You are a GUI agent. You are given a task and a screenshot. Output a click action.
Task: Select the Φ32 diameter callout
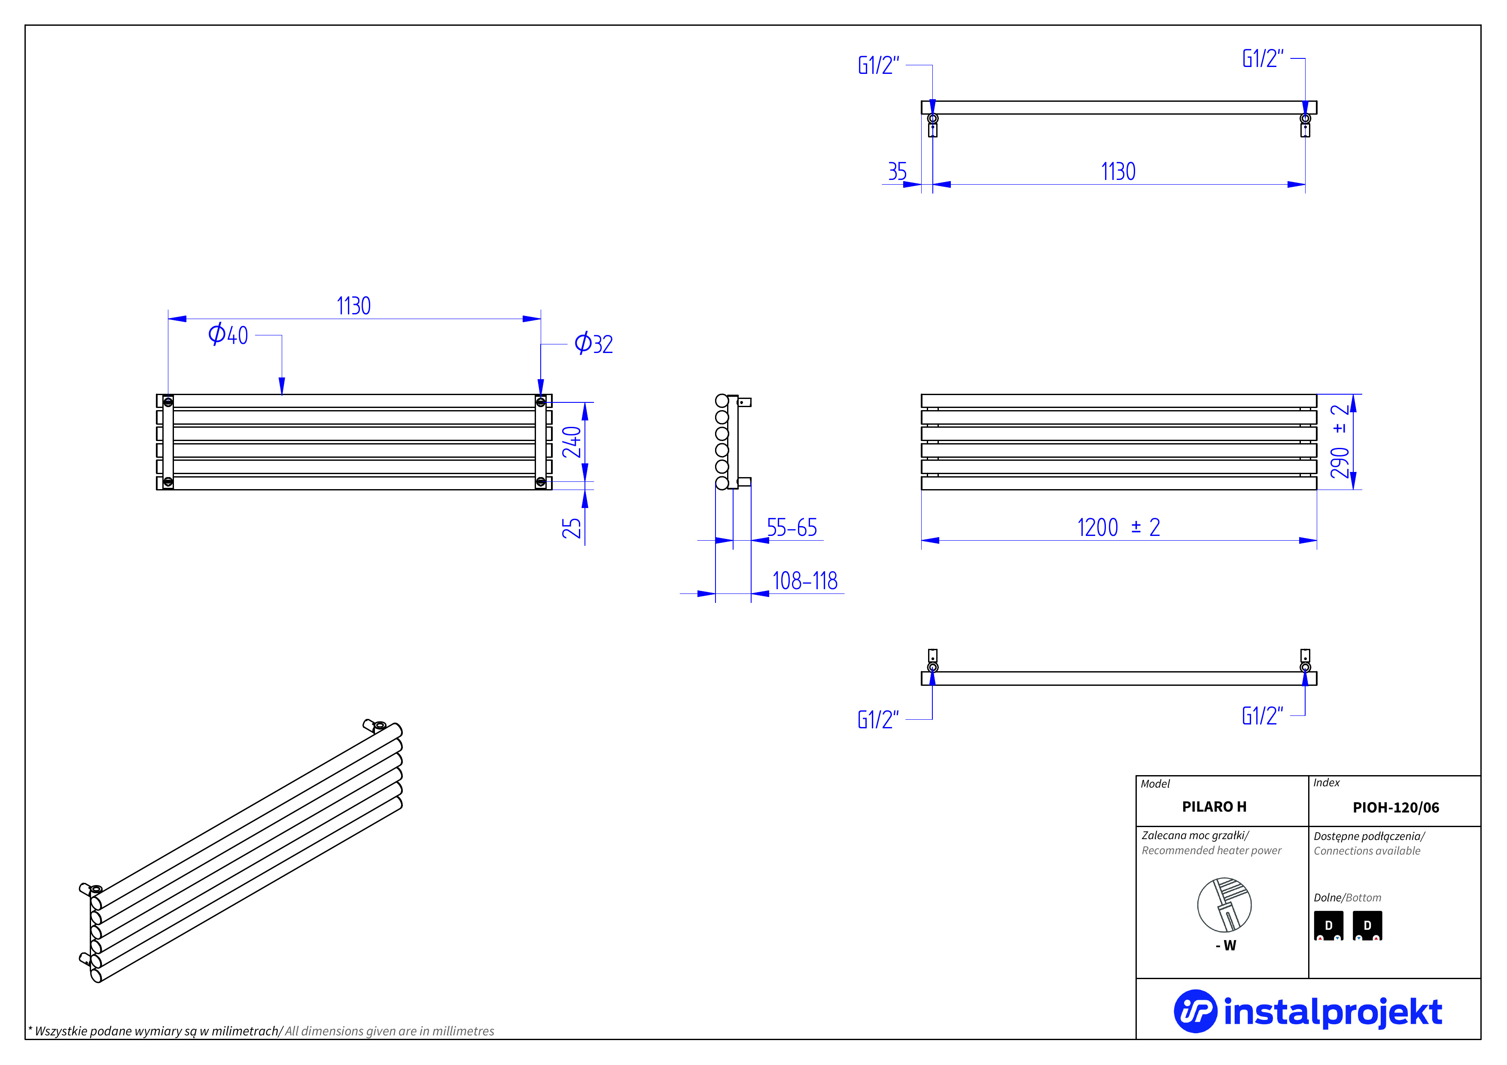(x=594, y=344)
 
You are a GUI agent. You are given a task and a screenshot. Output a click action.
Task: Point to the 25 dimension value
(x=572, y=528)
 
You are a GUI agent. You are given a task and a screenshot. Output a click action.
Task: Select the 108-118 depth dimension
(x=805, y=581)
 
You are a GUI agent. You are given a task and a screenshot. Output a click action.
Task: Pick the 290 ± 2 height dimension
(x=1340, y=441)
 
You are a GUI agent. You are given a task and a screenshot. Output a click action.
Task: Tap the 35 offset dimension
(x=897, y=172)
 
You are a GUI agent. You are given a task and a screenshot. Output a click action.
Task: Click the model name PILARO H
(x=1214, y=806)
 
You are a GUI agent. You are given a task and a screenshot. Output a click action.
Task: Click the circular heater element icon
(x=1224, y=905)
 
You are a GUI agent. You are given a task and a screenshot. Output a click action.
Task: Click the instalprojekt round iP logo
(x=1195, y=1011)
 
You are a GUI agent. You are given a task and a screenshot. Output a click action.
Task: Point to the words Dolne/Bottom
(x=1347, y=898)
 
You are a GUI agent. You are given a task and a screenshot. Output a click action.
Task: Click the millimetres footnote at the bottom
(x=261, y=1031)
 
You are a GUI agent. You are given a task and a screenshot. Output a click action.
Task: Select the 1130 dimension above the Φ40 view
(x=354, y=306)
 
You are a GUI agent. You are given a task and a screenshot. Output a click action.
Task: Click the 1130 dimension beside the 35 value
(x=1118, y=172)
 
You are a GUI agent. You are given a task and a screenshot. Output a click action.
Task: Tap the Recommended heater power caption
(x=1211, y=850)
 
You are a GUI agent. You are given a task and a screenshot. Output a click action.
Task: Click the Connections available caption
(x=1367, y=851)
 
